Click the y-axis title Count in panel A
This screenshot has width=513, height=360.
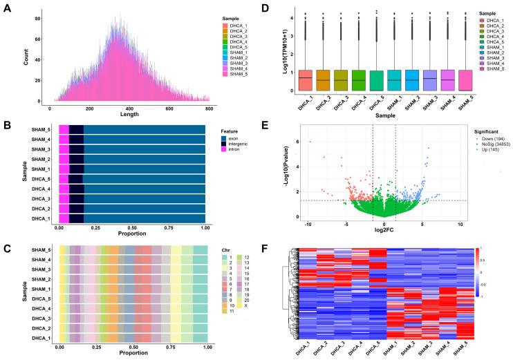coord(10,57)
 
